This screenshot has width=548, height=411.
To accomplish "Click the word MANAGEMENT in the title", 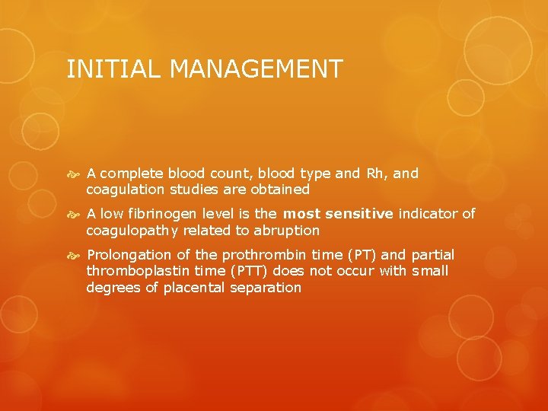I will pos(256,69).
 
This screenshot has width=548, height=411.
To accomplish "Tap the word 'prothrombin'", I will pos(251,255).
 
